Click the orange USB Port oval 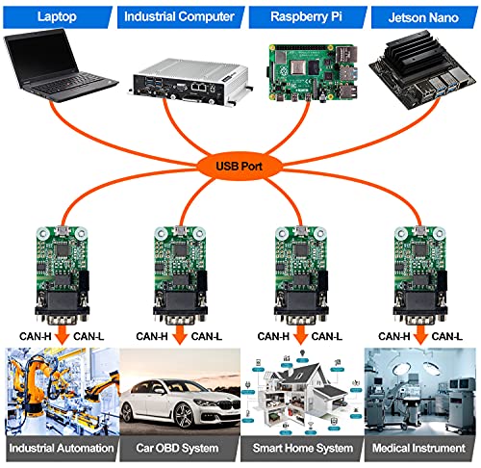click(239, 166)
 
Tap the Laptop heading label click(57, 16)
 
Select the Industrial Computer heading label click(180, 16)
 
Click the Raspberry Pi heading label click(307, 16)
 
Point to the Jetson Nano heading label click(423, 17)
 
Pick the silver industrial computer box click(190, 82)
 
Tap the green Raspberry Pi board click(313, 73)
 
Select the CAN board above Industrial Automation click(62, 275)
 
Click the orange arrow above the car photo click(180, 335)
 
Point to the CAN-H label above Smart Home click(273, 336)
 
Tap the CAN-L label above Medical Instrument click(447, 336)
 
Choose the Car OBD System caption click(177, 448)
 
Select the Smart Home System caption click(303, 448)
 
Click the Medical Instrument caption click(418, 448)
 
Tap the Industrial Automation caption click(62, 448)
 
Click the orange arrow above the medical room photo click(420, 335)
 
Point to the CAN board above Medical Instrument click(419, 275)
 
